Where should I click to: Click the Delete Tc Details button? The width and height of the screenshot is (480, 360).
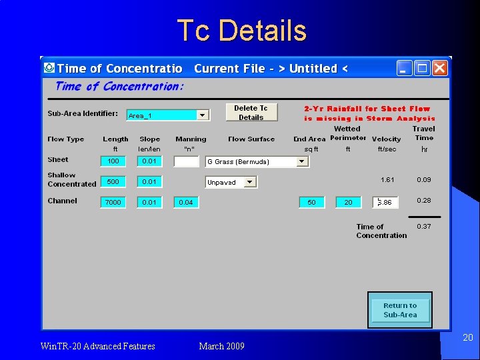251,113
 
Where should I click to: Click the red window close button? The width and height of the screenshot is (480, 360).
439,68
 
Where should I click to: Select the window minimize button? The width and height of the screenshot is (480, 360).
404,68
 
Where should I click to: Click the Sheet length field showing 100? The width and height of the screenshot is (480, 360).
113,161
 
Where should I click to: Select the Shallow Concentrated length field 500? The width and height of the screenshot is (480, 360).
113,181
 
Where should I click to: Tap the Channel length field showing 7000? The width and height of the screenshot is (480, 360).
113,202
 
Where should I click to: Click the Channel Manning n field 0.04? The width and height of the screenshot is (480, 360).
186,202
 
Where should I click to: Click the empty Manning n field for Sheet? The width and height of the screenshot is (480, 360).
186,161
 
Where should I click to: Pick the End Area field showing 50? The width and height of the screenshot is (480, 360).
311,202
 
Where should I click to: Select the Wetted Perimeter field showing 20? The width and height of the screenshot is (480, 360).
348,202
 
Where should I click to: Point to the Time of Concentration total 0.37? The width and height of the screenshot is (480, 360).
424,227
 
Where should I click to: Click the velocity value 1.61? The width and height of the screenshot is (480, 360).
387,180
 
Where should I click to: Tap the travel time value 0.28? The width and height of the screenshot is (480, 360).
424,201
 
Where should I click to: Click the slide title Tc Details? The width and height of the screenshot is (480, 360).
241,31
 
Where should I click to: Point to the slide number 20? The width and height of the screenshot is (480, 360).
468,338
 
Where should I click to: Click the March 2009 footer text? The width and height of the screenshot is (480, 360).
221,346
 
